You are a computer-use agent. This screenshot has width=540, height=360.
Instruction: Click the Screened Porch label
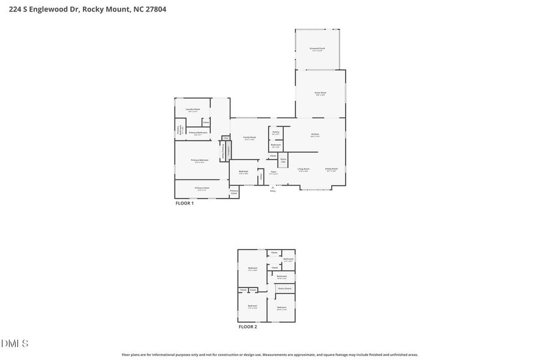317,49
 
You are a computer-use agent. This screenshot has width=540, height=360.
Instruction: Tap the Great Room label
320,93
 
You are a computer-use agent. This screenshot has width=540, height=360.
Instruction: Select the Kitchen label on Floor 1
315,134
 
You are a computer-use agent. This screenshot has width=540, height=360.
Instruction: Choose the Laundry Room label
193,109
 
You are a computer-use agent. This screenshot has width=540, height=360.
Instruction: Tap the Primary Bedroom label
200,160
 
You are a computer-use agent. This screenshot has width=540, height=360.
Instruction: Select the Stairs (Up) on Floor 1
283,160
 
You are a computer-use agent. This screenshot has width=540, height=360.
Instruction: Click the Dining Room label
331,169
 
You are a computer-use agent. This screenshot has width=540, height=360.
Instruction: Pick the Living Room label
304,169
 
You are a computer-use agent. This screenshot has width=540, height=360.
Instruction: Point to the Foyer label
273,172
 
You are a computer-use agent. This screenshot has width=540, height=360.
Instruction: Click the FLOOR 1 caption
184,203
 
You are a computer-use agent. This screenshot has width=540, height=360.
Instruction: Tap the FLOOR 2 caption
248,327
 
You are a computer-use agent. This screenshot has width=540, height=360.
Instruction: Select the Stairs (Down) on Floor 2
285,289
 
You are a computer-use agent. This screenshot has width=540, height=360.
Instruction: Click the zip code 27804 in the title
153,9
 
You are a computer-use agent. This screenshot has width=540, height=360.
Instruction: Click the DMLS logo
15,344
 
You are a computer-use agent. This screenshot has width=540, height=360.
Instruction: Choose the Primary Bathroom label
198,133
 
